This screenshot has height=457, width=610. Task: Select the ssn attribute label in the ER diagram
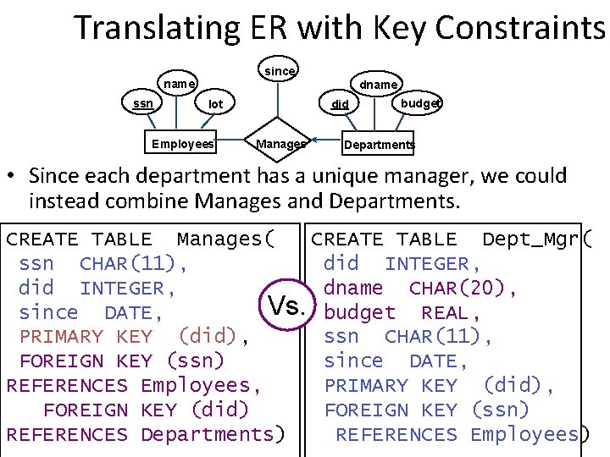point(142,103)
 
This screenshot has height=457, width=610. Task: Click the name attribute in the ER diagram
point(179,84)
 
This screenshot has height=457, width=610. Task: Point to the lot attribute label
point(216,104)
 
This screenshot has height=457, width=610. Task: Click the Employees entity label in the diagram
point(182,144)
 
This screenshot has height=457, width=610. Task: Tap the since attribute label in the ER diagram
point(279,71)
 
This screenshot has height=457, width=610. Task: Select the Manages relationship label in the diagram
point(280,144)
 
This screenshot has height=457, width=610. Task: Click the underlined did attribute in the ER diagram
point(340,105)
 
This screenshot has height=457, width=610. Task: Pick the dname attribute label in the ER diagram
point(379,85)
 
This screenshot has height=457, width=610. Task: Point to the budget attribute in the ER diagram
point(421,103)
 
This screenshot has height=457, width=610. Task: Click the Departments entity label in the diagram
point(379,145)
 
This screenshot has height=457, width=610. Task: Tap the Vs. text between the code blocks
point(287,305)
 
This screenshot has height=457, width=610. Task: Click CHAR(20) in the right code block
point(463,289)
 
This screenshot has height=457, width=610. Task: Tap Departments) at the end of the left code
point(213,435)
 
